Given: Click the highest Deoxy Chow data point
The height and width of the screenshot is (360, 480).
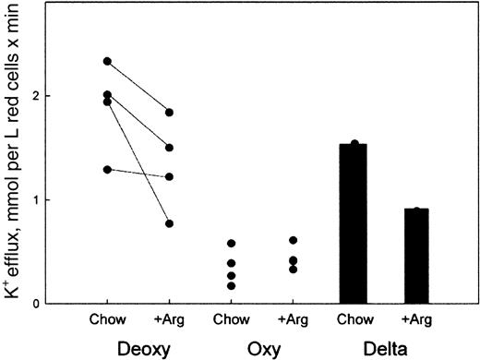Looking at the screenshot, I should pyautogui.click(x=107, y=62).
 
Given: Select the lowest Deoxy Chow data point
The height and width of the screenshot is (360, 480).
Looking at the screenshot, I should pyautogui.click(x=107, y=169).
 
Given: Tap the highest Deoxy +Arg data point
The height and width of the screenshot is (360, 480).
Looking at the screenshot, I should pyautogui.click(x=169, y=113).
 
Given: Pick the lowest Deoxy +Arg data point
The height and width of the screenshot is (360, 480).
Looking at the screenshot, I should pyautogui.click(x=169, y=223).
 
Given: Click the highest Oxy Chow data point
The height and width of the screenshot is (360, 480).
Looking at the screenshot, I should pyautogui.click(x=231, y=243).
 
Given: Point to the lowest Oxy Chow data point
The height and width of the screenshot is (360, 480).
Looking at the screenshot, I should pyautogui.click(x=231, y=286).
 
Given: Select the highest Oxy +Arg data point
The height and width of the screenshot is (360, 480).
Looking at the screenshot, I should pyautogui.click(x=293, y=240).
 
